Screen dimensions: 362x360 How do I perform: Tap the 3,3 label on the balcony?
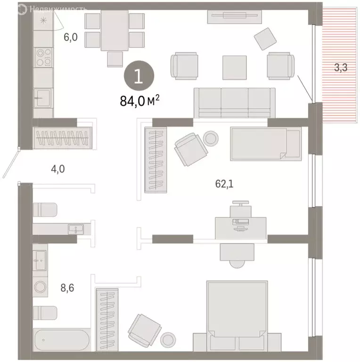pos(341,68)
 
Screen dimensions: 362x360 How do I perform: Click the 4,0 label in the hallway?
pos(58,167)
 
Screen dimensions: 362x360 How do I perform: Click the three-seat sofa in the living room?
pos(235,102)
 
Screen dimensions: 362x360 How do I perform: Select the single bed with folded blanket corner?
pos(265,143)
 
